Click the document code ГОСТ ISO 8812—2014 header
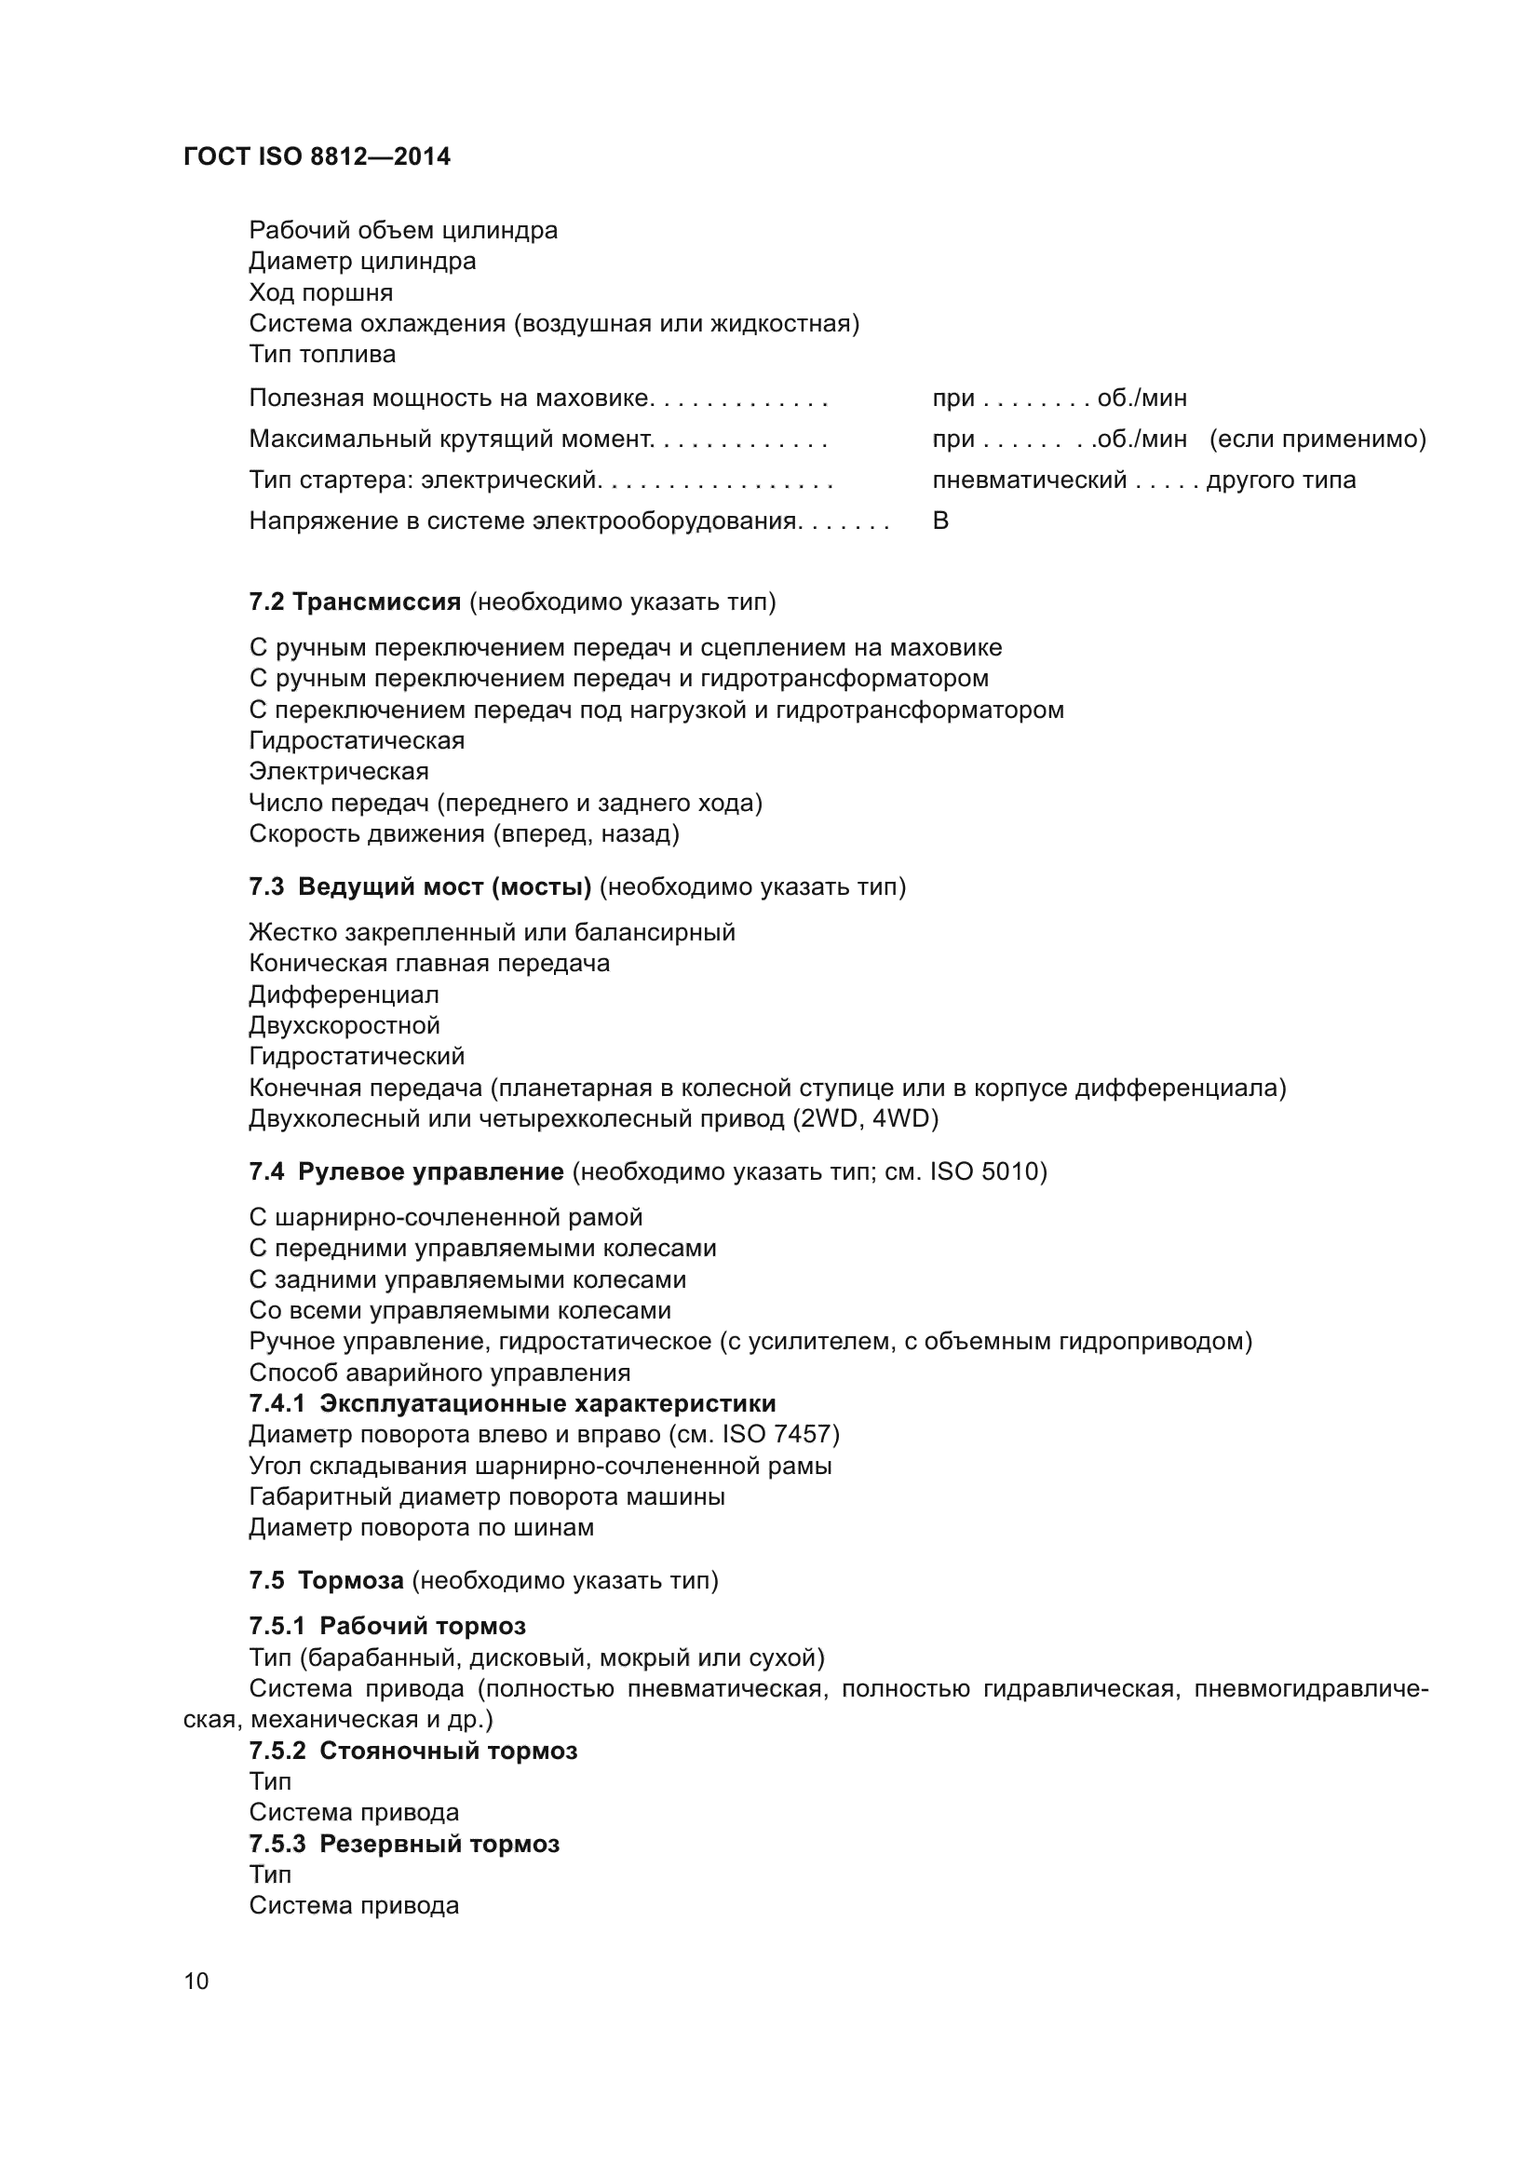(317, 156)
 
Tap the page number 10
(196, 1981)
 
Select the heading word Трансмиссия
(376, 602)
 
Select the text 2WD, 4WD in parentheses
(865, 1118)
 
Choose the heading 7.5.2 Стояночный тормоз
(412, 1751)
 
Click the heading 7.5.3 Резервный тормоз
(404, 1843)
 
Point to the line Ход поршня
(320, 292)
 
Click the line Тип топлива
(322, 354)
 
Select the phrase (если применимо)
(1318, 439)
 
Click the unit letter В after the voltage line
(940, 520)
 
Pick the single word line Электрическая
(339, 770)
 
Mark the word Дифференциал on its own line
(344, 994)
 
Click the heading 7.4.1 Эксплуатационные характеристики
(512, 1403)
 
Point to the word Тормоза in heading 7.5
(351, 1579)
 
